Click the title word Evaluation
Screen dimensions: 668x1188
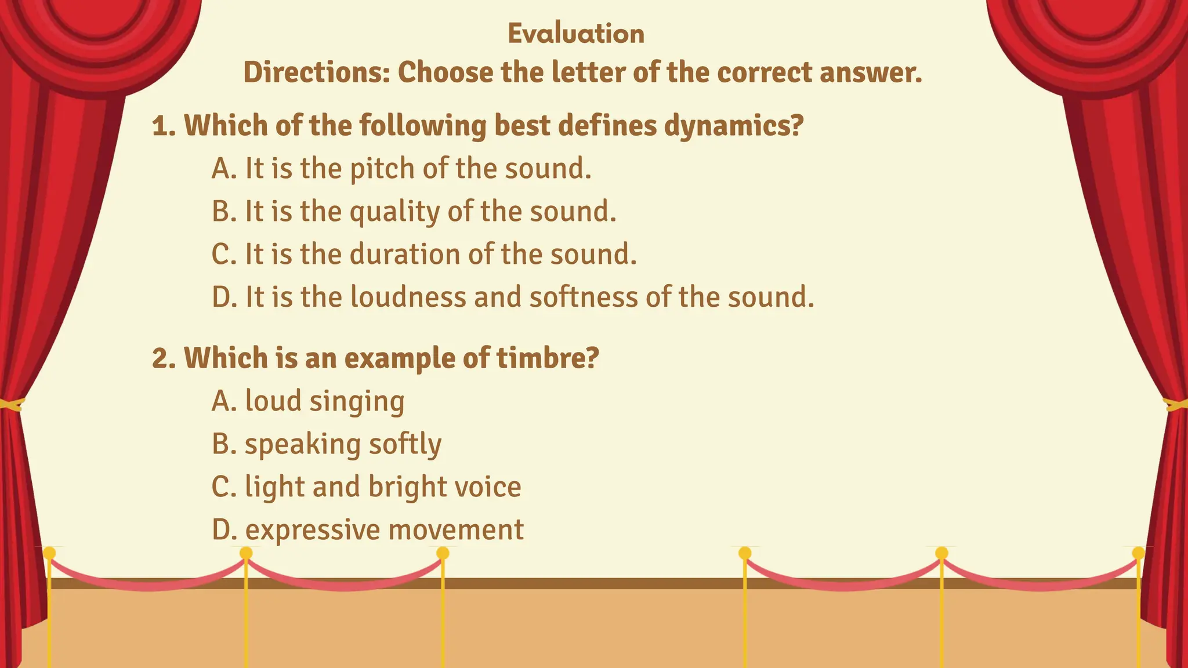pos(576,34)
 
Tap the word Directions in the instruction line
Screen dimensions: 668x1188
pos(316,73)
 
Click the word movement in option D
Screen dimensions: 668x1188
pos(456,530)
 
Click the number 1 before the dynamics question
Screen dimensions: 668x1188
pos(160,126)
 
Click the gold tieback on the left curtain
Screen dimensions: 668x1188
pos(10,404)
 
